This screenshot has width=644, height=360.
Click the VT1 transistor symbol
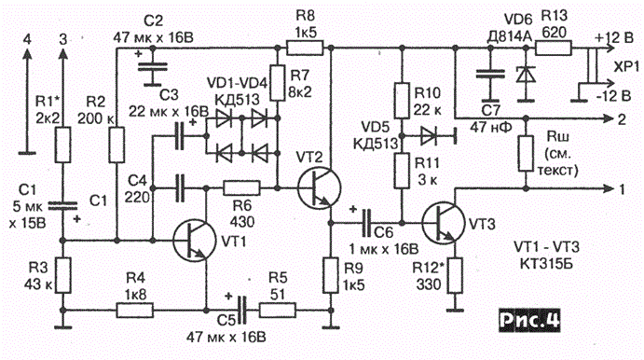[194, 242]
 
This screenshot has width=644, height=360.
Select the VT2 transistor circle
[319, 187]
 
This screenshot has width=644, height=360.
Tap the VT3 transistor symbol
[444, 222]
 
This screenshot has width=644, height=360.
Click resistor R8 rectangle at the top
[305, 48]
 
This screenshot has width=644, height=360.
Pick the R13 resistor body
[554, 48]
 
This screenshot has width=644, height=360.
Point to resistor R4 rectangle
[135, 311]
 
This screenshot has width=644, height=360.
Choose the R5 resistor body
[277, 311]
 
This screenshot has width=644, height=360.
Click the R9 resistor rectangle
[330, 275]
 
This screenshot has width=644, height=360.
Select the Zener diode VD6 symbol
[526, 75]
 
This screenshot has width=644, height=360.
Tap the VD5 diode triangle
[429, 136]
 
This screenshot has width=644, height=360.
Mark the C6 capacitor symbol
[366, 223]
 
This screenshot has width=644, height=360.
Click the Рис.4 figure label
[529, 320]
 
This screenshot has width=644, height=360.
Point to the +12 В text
[614, 38]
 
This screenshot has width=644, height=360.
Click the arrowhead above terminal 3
[62, 54]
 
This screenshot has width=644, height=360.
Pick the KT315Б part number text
[546, 263]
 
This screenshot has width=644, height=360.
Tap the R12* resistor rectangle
[455, 275]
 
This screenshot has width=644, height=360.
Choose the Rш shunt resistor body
[526, 153]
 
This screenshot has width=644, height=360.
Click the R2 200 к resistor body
[116, 145]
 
